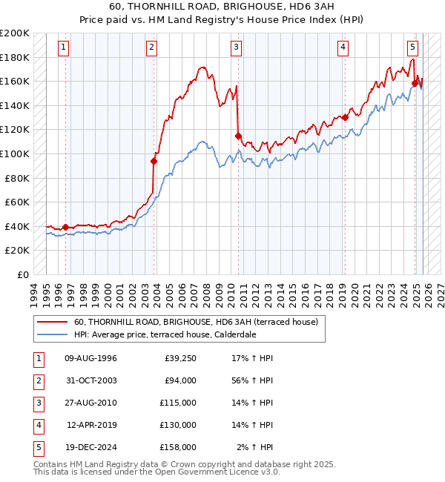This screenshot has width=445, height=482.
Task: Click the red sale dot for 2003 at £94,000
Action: tap(154, 161)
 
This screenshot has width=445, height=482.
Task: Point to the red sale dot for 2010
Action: tap(238, 136)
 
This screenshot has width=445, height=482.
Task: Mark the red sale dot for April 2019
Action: tap(345, 117)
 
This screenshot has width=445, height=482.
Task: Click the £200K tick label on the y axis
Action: tap(15, 33)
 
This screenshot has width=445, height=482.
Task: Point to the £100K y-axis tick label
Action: tap(15, 153)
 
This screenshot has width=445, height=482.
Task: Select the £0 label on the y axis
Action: tap(22, 274)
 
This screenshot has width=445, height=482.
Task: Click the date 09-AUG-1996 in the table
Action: tap(91, 359)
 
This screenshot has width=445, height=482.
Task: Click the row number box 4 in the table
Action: tap(37, 425)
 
